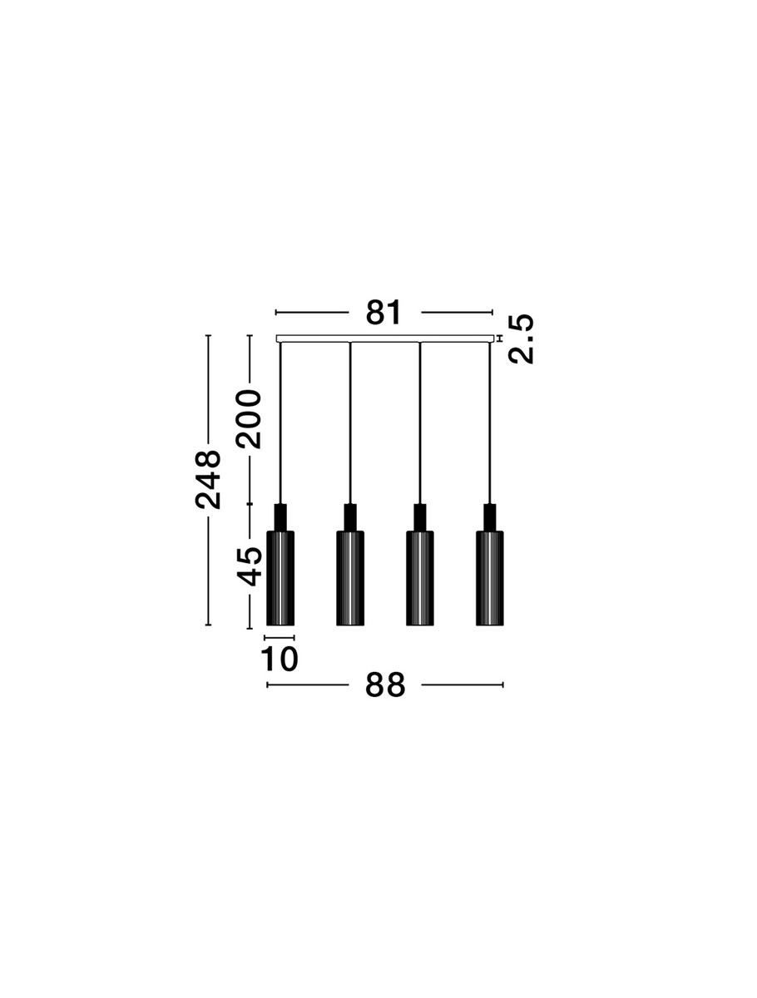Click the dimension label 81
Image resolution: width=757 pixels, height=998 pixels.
click(x=383, y=313)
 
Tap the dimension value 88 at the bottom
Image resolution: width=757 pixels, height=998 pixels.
click(x=384, y=698)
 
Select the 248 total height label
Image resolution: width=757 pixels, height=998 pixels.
click(x=208, y=480)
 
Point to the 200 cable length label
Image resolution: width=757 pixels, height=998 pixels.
click(x=250, y=419)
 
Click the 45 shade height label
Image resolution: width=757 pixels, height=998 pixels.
click(x=250, y=566)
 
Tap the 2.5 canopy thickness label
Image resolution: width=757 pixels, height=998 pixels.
click(x=520, y=338)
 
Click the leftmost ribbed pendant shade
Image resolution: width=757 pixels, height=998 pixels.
click(x=280, y=578)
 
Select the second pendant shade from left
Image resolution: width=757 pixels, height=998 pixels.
click(x=350, y=578)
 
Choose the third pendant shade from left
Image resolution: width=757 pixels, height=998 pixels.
click(x=419, y=578)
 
